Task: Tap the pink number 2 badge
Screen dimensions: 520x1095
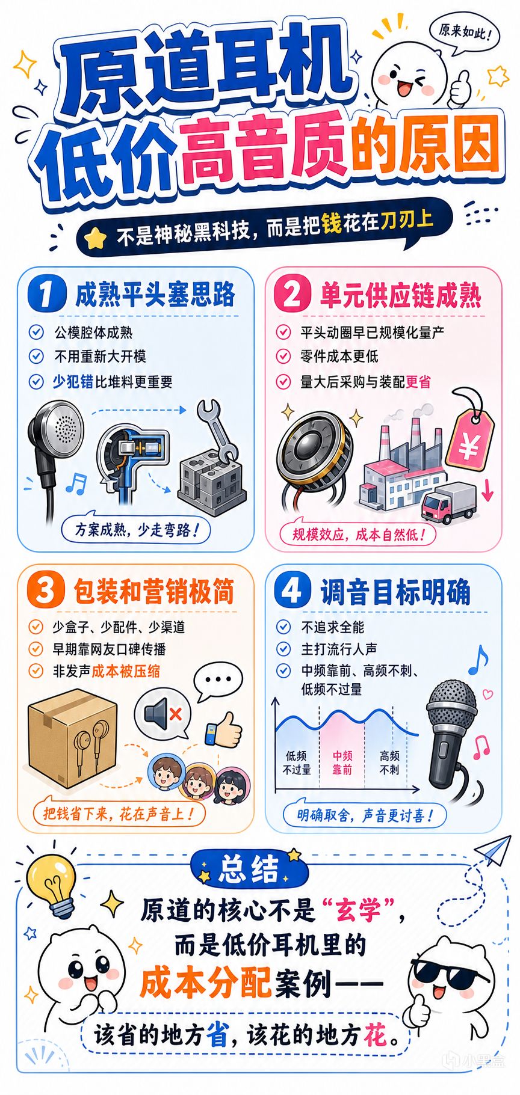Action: pos(292,294)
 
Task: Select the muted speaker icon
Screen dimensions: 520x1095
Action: pos(161,714)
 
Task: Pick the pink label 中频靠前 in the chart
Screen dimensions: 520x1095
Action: pos(342,762)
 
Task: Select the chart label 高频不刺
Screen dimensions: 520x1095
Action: pos(389,762)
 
